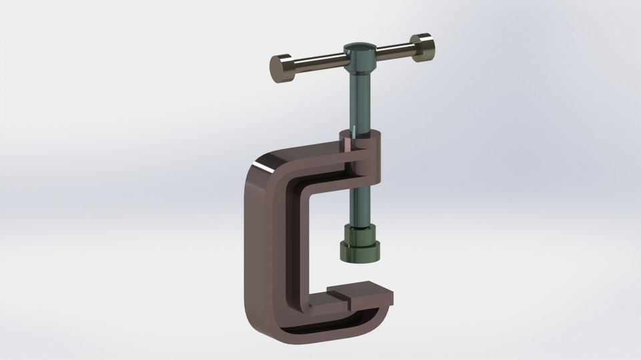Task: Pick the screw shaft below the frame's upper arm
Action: pyautogui.click(x=361, y=200)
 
